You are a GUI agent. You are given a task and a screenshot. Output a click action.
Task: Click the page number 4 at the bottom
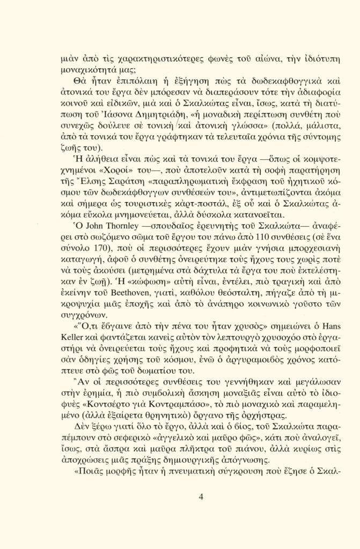point(201,496)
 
